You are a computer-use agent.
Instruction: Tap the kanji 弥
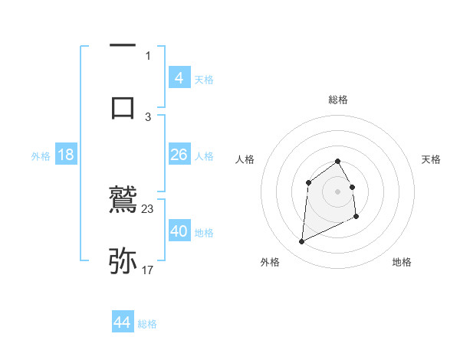pyautogui.click(x=123, y=260)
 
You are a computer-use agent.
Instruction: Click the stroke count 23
pyautogui.click(x=148, y=209)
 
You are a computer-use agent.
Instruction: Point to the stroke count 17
pyautogui.click(x=148, y=270)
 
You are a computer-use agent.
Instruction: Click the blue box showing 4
pyautogui.click(x=179, y=78)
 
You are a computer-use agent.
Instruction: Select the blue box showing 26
pyautogui.click(x=179, y=155)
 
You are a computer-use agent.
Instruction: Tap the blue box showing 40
pyautogui.click(x=179, y=231)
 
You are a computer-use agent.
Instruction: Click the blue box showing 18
pyautogui.click(x=66, y=155)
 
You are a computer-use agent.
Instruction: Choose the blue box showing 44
pyautogui.click(x=123, y=322)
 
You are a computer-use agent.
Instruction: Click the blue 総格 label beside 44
pyautogui.click(x=147, y=324)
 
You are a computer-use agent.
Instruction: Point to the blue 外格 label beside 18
pyautogui.click(x=41, y=156)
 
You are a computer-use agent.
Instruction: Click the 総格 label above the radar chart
pyautogui.click(x=338, y=100)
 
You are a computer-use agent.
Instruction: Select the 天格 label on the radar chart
pyautogui.click(x=432, y=159)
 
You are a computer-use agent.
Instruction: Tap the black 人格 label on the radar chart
pyautogui.click(x=245, y=159)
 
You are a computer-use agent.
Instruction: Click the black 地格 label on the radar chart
pyautogui.click(x=402, y=262)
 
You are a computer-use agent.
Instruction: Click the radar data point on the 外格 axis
pyautogui.click(x=301, y=242)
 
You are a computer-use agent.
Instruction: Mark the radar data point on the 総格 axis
pyautogui.click(x=338, y=161)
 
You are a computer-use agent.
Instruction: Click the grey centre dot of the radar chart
pyautogui.click(x=338, y=191)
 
